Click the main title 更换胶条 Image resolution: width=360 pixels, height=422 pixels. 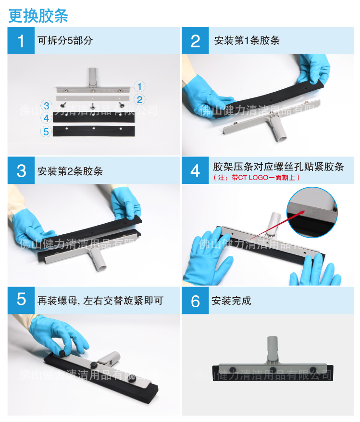pos(38,15)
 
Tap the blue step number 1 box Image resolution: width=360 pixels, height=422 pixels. pos(20,41)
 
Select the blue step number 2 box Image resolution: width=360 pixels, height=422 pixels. pos(195,41)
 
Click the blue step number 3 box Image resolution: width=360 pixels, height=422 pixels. pos(21,170)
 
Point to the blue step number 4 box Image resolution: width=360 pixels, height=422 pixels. pos(195,170)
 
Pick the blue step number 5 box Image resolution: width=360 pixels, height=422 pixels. pos(21,300)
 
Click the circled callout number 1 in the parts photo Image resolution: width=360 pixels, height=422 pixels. pos(139,86)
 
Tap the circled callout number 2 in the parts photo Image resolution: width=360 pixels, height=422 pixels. pos(139,99)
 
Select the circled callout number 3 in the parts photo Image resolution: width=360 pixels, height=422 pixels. pos(47,105)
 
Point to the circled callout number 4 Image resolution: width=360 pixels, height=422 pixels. pos(47,118)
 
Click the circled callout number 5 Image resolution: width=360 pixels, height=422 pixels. pos(47,131)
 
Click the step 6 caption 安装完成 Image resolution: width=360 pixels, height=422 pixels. pos(231,301)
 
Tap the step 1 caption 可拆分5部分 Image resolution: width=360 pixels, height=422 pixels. pos(65,40)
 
